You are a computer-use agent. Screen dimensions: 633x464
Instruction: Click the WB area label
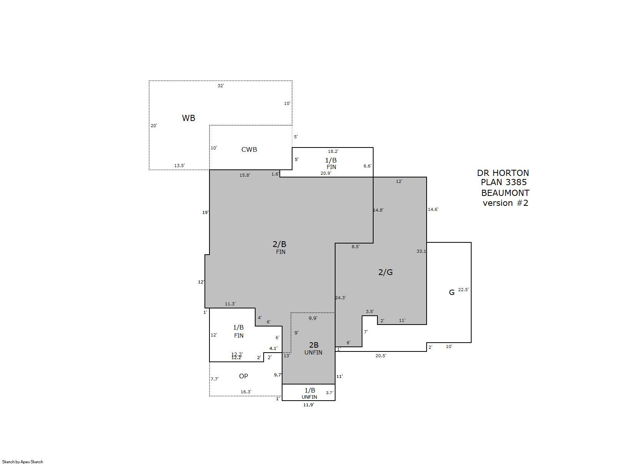pos(188,118)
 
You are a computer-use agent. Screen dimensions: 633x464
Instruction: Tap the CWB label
pos(249,149)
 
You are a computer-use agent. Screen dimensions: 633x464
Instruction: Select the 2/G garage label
pos(385,272)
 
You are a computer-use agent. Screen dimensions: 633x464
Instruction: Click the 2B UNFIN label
pos(313,348)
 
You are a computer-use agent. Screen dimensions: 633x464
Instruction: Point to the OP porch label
pos(243,376)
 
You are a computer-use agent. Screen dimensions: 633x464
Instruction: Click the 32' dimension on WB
pos(221,86)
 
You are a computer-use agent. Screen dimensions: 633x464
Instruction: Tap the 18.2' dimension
pos(333,151)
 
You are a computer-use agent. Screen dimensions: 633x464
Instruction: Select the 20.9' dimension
pos(326,173)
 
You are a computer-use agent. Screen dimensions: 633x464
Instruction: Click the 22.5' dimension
pos(464,290)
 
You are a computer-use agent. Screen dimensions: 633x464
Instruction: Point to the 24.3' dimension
pos(341,297)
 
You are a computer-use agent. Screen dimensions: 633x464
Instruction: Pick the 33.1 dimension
pos(421,251)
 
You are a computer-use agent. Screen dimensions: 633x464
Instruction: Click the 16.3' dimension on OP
pos(246,392)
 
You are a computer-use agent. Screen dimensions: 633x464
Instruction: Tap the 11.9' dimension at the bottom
pos(309,405)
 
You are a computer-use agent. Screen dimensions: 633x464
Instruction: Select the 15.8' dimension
pos(245,175)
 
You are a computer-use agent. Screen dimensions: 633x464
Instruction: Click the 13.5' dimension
pos(179,166)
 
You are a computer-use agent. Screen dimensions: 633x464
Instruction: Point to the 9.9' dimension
pos(313,318)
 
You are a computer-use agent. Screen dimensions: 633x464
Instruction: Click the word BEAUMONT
pos(505,193)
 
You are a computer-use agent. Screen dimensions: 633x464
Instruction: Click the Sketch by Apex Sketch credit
pos(23,462)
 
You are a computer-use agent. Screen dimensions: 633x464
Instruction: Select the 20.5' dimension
pos(380,356)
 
